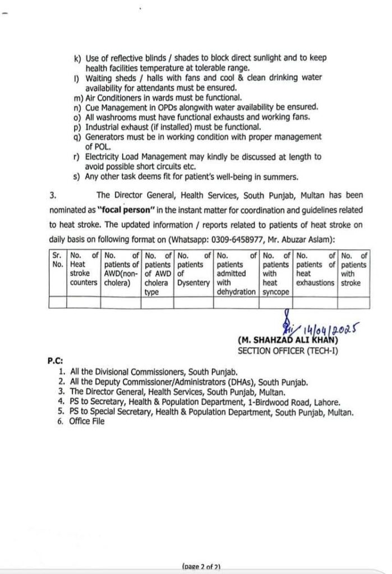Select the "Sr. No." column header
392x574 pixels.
(x=58, y=260)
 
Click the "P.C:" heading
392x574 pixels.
(x=55, y=362)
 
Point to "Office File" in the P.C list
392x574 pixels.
(x=87, y=422)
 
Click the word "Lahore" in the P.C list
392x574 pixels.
(x=328, y=402)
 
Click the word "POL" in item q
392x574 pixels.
(x=100, y=146)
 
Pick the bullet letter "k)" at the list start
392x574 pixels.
(x=77, y=58)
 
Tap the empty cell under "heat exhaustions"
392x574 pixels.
(x=316, y=302)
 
